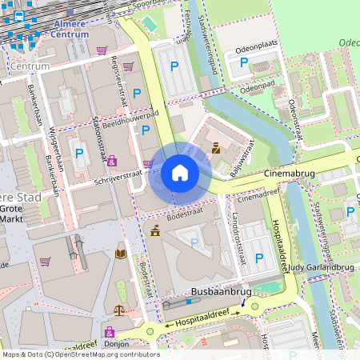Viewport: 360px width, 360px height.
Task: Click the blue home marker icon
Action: click(x=180, y=173)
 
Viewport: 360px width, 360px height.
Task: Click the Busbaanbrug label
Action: click(x=222, y=293)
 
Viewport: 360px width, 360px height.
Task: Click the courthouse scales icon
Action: click(x=120, y=310)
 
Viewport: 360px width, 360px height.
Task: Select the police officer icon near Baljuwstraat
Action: click(x=216, y=147)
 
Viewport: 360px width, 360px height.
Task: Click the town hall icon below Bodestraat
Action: click(x=154, y=232)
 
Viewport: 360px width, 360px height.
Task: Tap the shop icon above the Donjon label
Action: click(x=109, y=330)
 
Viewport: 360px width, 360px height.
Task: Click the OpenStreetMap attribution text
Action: click(x=80, y=354)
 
